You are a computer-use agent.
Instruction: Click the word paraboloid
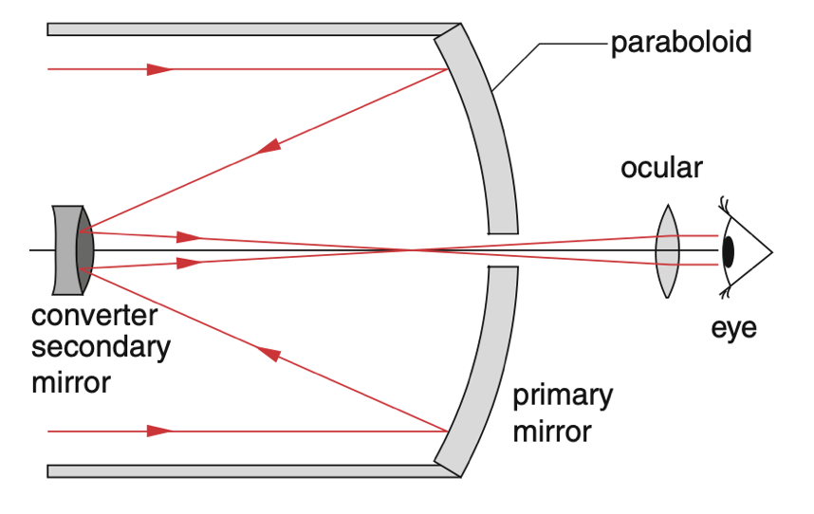click(681, 42)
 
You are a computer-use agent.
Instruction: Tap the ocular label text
click(661, 168)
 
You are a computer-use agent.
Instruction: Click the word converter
click(94, 316)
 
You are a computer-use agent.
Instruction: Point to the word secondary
click(101, 347)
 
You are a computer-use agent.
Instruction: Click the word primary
click(563, 395)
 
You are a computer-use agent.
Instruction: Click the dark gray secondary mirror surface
click(84, 250)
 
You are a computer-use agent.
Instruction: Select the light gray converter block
click(65, 250)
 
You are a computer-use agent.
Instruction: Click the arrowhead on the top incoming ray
click(159, 69)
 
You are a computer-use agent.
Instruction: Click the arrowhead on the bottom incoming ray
click(159, 431)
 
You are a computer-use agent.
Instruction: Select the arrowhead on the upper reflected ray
click(268, 146)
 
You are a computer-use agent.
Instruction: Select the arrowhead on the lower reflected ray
click(269, 354)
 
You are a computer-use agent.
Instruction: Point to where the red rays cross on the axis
click(411, 250)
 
